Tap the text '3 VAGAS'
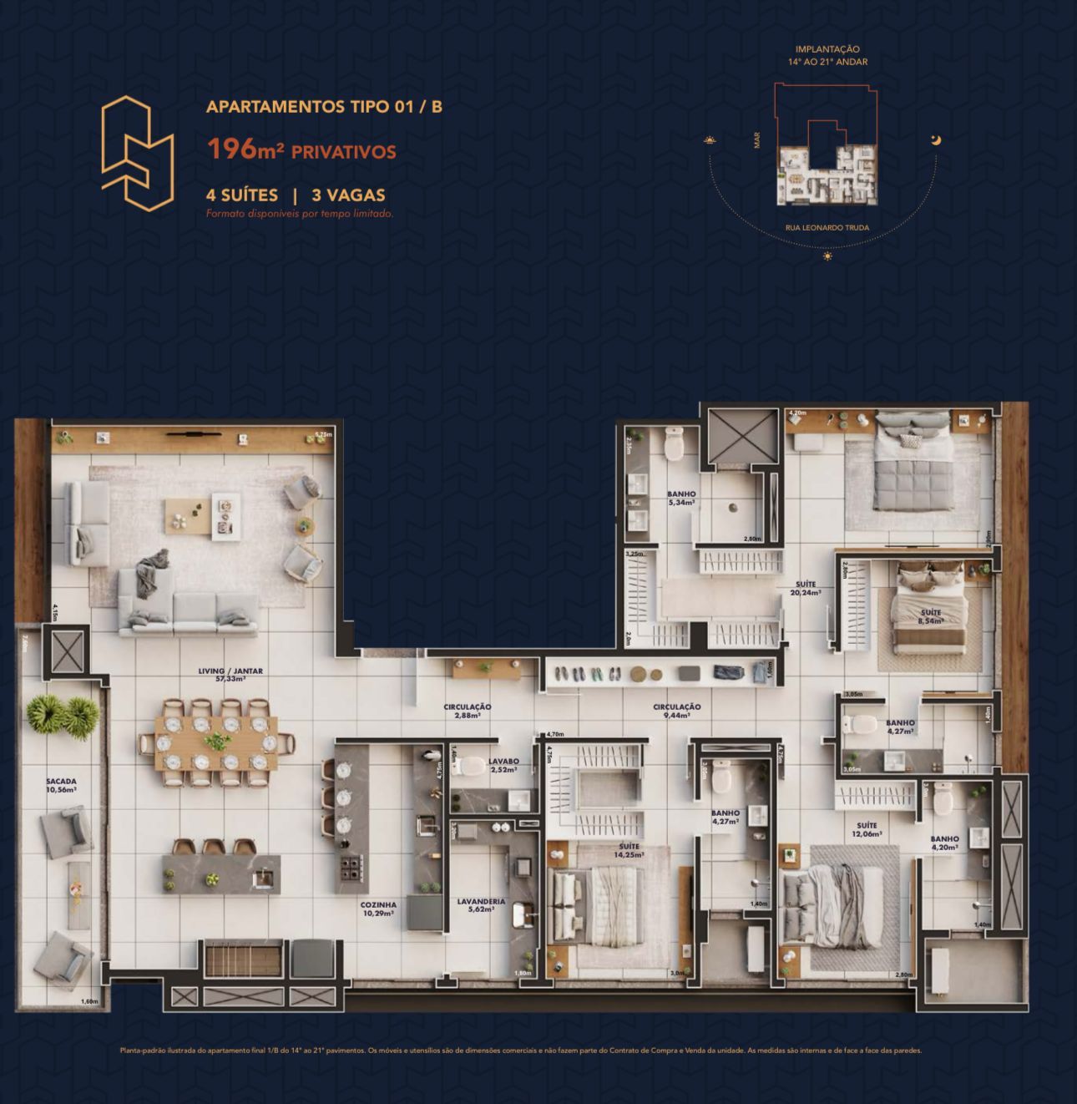tap(348, 195)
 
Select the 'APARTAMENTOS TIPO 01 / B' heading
tap(324, 107)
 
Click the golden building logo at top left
tap(138, 153)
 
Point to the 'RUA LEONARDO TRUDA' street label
tap(827, 228)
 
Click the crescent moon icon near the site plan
tap(937, 139)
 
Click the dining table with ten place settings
tap(216, 742)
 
